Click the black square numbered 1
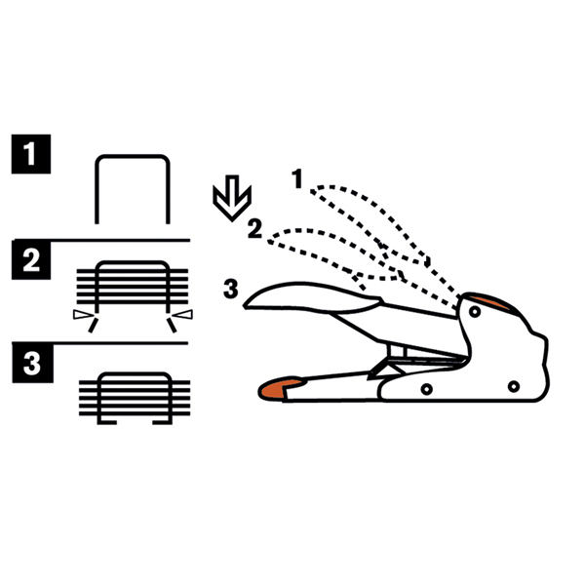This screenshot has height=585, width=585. pyautogui.click(x=31, y=154)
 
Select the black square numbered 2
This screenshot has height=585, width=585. pyautogui.click(x=31, y=260)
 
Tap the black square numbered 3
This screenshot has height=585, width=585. pyautogui.click(x=32, y=363)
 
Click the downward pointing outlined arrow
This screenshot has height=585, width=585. pyautogui.click(x=232, y=198)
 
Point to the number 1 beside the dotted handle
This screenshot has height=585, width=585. pyautogui.click(x=297, y=178)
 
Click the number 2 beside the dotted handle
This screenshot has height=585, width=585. pyautogui.click(x=254, y=229)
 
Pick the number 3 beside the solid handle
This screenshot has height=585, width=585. pyautogui.click(x=230, y=289)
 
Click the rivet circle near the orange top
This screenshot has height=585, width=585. pyautogui.click(x=475, y=311)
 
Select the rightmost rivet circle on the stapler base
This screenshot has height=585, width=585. pyautogui.click(x=514, y=386)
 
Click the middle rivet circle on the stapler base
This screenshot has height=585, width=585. pyautogui.click(x=426, y=389)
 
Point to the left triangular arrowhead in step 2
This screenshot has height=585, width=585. pyautogui.click(x=83, y=315)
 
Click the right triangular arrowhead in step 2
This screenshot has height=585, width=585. pyautogui.click(x=182, y=315)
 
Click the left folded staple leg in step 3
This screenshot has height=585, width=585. pyautogui.click(x=107, y=422)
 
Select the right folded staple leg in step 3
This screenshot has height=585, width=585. pyautogui.click(x=162, y=422)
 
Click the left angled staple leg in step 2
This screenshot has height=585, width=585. pyautogui.click(x=93, y=325)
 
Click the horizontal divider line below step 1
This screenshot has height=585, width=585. pyautogui.click(x=101, y=240)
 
